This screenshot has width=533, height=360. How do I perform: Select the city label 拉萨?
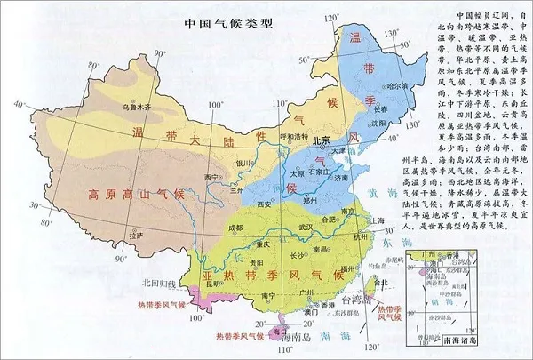[x=134, y=236]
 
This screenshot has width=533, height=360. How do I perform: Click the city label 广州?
[x=307, y=291]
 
